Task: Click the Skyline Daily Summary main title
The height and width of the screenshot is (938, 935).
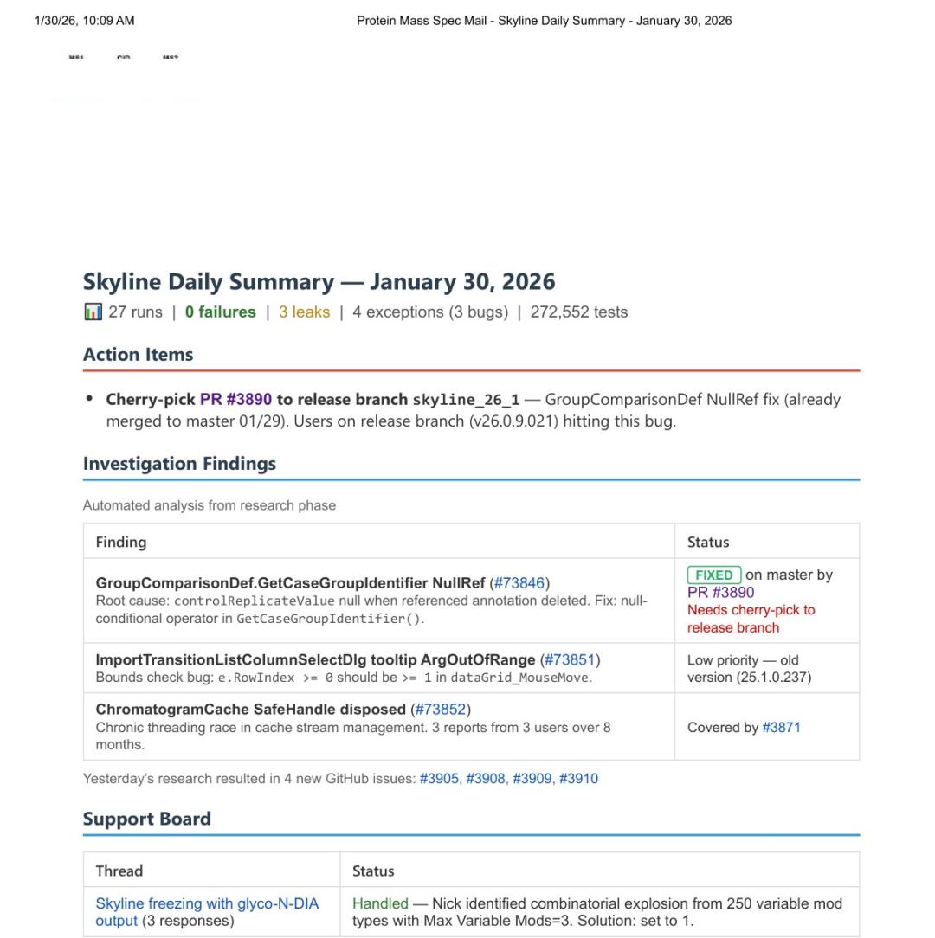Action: point(319,282)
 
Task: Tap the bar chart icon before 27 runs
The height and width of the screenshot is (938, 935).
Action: point(93,312)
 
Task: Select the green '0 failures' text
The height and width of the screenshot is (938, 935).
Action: point(220,312)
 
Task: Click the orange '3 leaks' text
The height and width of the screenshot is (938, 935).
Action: point(304,312)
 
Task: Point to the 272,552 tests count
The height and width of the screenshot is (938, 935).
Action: point(578,312)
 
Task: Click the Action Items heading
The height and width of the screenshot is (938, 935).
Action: point(138,355)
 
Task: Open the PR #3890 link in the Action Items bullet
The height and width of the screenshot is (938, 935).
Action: point(235,400)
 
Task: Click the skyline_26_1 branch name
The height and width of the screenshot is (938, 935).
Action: point(466,400)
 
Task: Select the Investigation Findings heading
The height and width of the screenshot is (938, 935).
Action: point(179,464)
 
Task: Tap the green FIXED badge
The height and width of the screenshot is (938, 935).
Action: point(713,575)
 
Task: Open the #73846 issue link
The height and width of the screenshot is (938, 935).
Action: point(519,583)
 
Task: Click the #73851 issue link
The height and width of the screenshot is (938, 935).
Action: point(570,660)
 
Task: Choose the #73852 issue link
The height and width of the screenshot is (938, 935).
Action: point(441,710)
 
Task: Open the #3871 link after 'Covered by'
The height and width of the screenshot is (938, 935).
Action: point(781,728)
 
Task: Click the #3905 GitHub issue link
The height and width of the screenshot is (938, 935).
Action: point(439,779)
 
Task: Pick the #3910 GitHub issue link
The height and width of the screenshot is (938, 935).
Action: point(578,779)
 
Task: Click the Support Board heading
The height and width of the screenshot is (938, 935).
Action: point(146,819)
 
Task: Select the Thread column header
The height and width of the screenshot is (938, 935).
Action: point(119,871)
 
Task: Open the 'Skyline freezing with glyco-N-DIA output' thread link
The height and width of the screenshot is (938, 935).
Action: point(206,904)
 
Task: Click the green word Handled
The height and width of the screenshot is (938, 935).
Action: point(380,904)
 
